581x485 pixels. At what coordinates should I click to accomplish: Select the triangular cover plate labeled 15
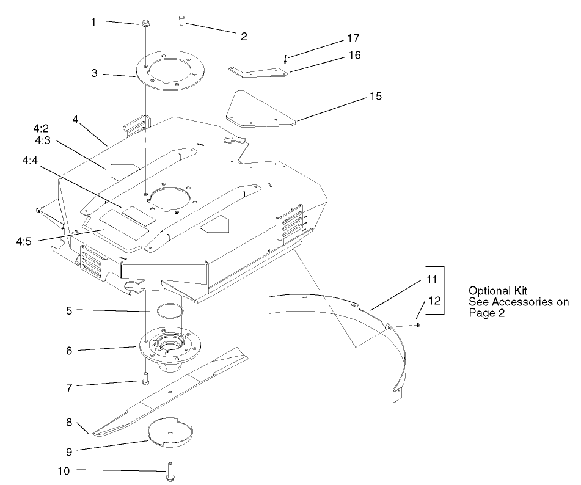pos(257,71)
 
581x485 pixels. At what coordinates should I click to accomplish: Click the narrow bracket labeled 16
pos(285,59)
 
